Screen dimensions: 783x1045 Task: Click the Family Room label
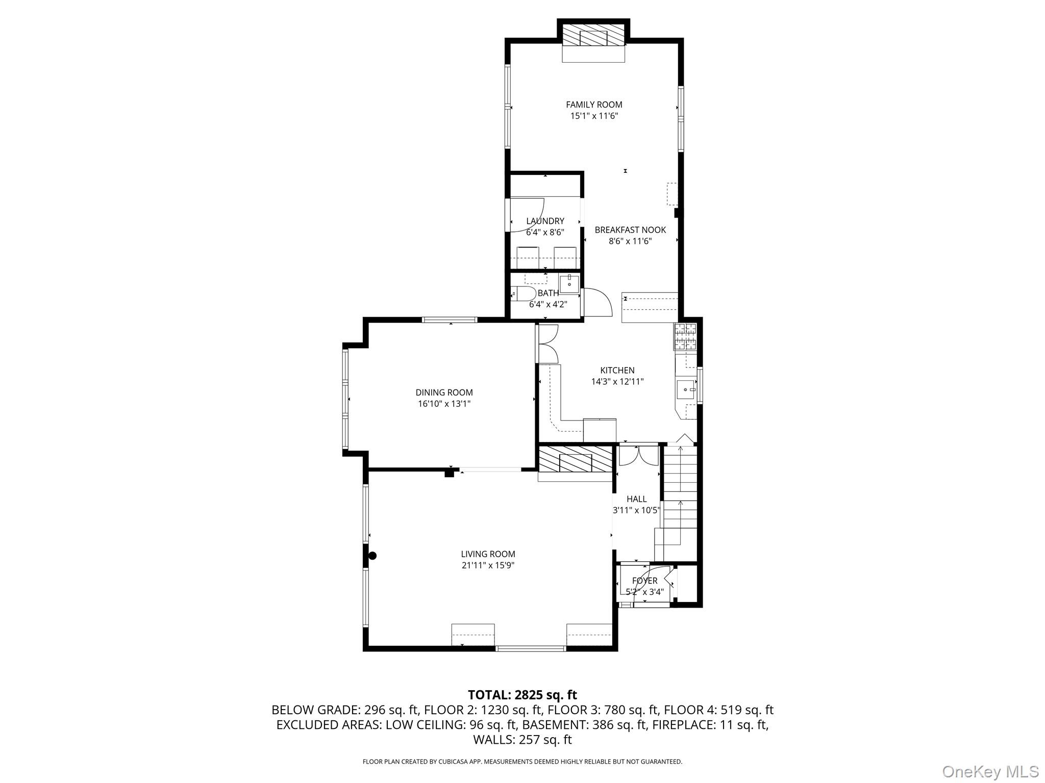(x=594, y=105)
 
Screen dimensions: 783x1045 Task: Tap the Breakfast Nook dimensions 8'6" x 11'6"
(x=630, y=241)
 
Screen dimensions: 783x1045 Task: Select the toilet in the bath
(x=522, y=294)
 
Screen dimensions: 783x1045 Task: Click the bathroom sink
(x=569, y=283)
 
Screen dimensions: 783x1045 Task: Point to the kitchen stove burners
(x=685, y=336)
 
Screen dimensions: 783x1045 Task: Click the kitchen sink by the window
(x=686, y=390)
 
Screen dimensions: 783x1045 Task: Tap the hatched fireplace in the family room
(x=593, y=35)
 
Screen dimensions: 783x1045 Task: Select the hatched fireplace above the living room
(x=576, y=459)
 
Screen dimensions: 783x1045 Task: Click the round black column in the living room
(x=372, y=556)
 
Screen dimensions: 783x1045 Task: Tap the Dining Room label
(x=444, y=393)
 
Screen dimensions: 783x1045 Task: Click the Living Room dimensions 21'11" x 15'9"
(x=488, y=565)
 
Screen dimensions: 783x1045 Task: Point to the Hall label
(x=636, y=499)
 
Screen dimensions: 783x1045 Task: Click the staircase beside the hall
(x=680, y=494)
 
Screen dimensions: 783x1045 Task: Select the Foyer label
(x=644, y=581)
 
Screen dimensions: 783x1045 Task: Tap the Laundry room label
(x=545, y=221)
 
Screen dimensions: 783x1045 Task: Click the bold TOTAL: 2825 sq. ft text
(x=522, y=695)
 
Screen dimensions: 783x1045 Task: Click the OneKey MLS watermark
(x=990, y=771)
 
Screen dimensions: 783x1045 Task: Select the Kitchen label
(x=617, y=371)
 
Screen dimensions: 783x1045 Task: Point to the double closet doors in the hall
(x=638, y=455)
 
